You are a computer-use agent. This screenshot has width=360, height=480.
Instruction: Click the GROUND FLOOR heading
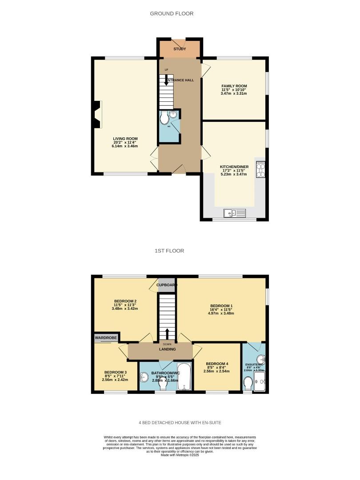[x=172, y=14]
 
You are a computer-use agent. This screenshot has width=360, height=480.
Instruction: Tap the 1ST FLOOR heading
[x=169, y=251]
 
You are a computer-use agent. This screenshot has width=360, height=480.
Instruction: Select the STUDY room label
[x=180, y=49]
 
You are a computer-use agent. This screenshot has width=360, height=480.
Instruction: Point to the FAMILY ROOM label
[x=234, y=86]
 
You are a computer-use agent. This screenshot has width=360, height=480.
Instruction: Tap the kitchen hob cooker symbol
[x=260, y=169]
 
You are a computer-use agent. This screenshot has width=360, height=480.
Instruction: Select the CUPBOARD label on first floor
[x=167, y=285]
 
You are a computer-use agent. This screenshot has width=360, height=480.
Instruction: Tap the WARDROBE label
[x=106, y=338]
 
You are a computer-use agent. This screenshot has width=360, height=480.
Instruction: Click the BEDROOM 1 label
[x=221, y=306]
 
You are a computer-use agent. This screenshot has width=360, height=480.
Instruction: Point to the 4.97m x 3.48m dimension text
[x=221, y=313]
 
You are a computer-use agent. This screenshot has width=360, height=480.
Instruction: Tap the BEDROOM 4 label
[x=217, y=363]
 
